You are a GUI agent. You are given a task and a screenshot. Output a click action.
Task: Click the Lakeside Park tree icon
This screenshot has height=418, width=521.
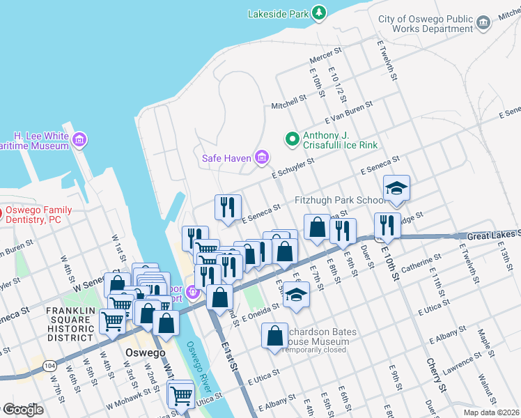(318, 13)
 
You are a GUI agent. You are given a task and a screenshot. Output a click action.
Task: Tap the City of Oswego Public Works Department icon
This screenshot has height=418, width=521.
(483, 24)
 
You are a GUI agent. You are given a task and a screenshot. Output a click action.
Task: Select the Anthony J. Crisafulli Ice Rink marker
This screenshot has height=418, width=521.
(293, 139)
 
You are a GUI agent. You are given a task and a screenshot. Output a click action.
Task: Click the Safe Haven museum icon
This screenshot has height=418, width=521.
(262, 158)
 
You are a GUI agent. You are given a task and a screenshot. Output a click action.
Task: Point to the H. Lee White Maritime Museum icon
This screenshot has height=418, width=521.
(79, 141)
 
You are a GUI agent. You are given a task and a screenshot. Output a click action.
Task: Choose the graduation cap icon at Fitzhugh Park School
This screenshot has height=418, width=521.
(396, 188)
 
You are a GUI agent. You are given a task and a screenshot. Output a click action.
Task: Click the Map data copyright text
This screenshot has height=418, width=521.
(490, 412)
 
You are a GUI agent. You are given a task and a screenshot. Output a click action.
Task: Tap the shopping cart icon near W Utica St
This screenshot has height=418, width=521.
(181, 395)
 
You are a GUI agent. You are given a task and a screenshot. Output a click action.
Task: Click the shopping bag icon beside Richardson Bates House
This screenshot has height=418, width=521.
(275, 335)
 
